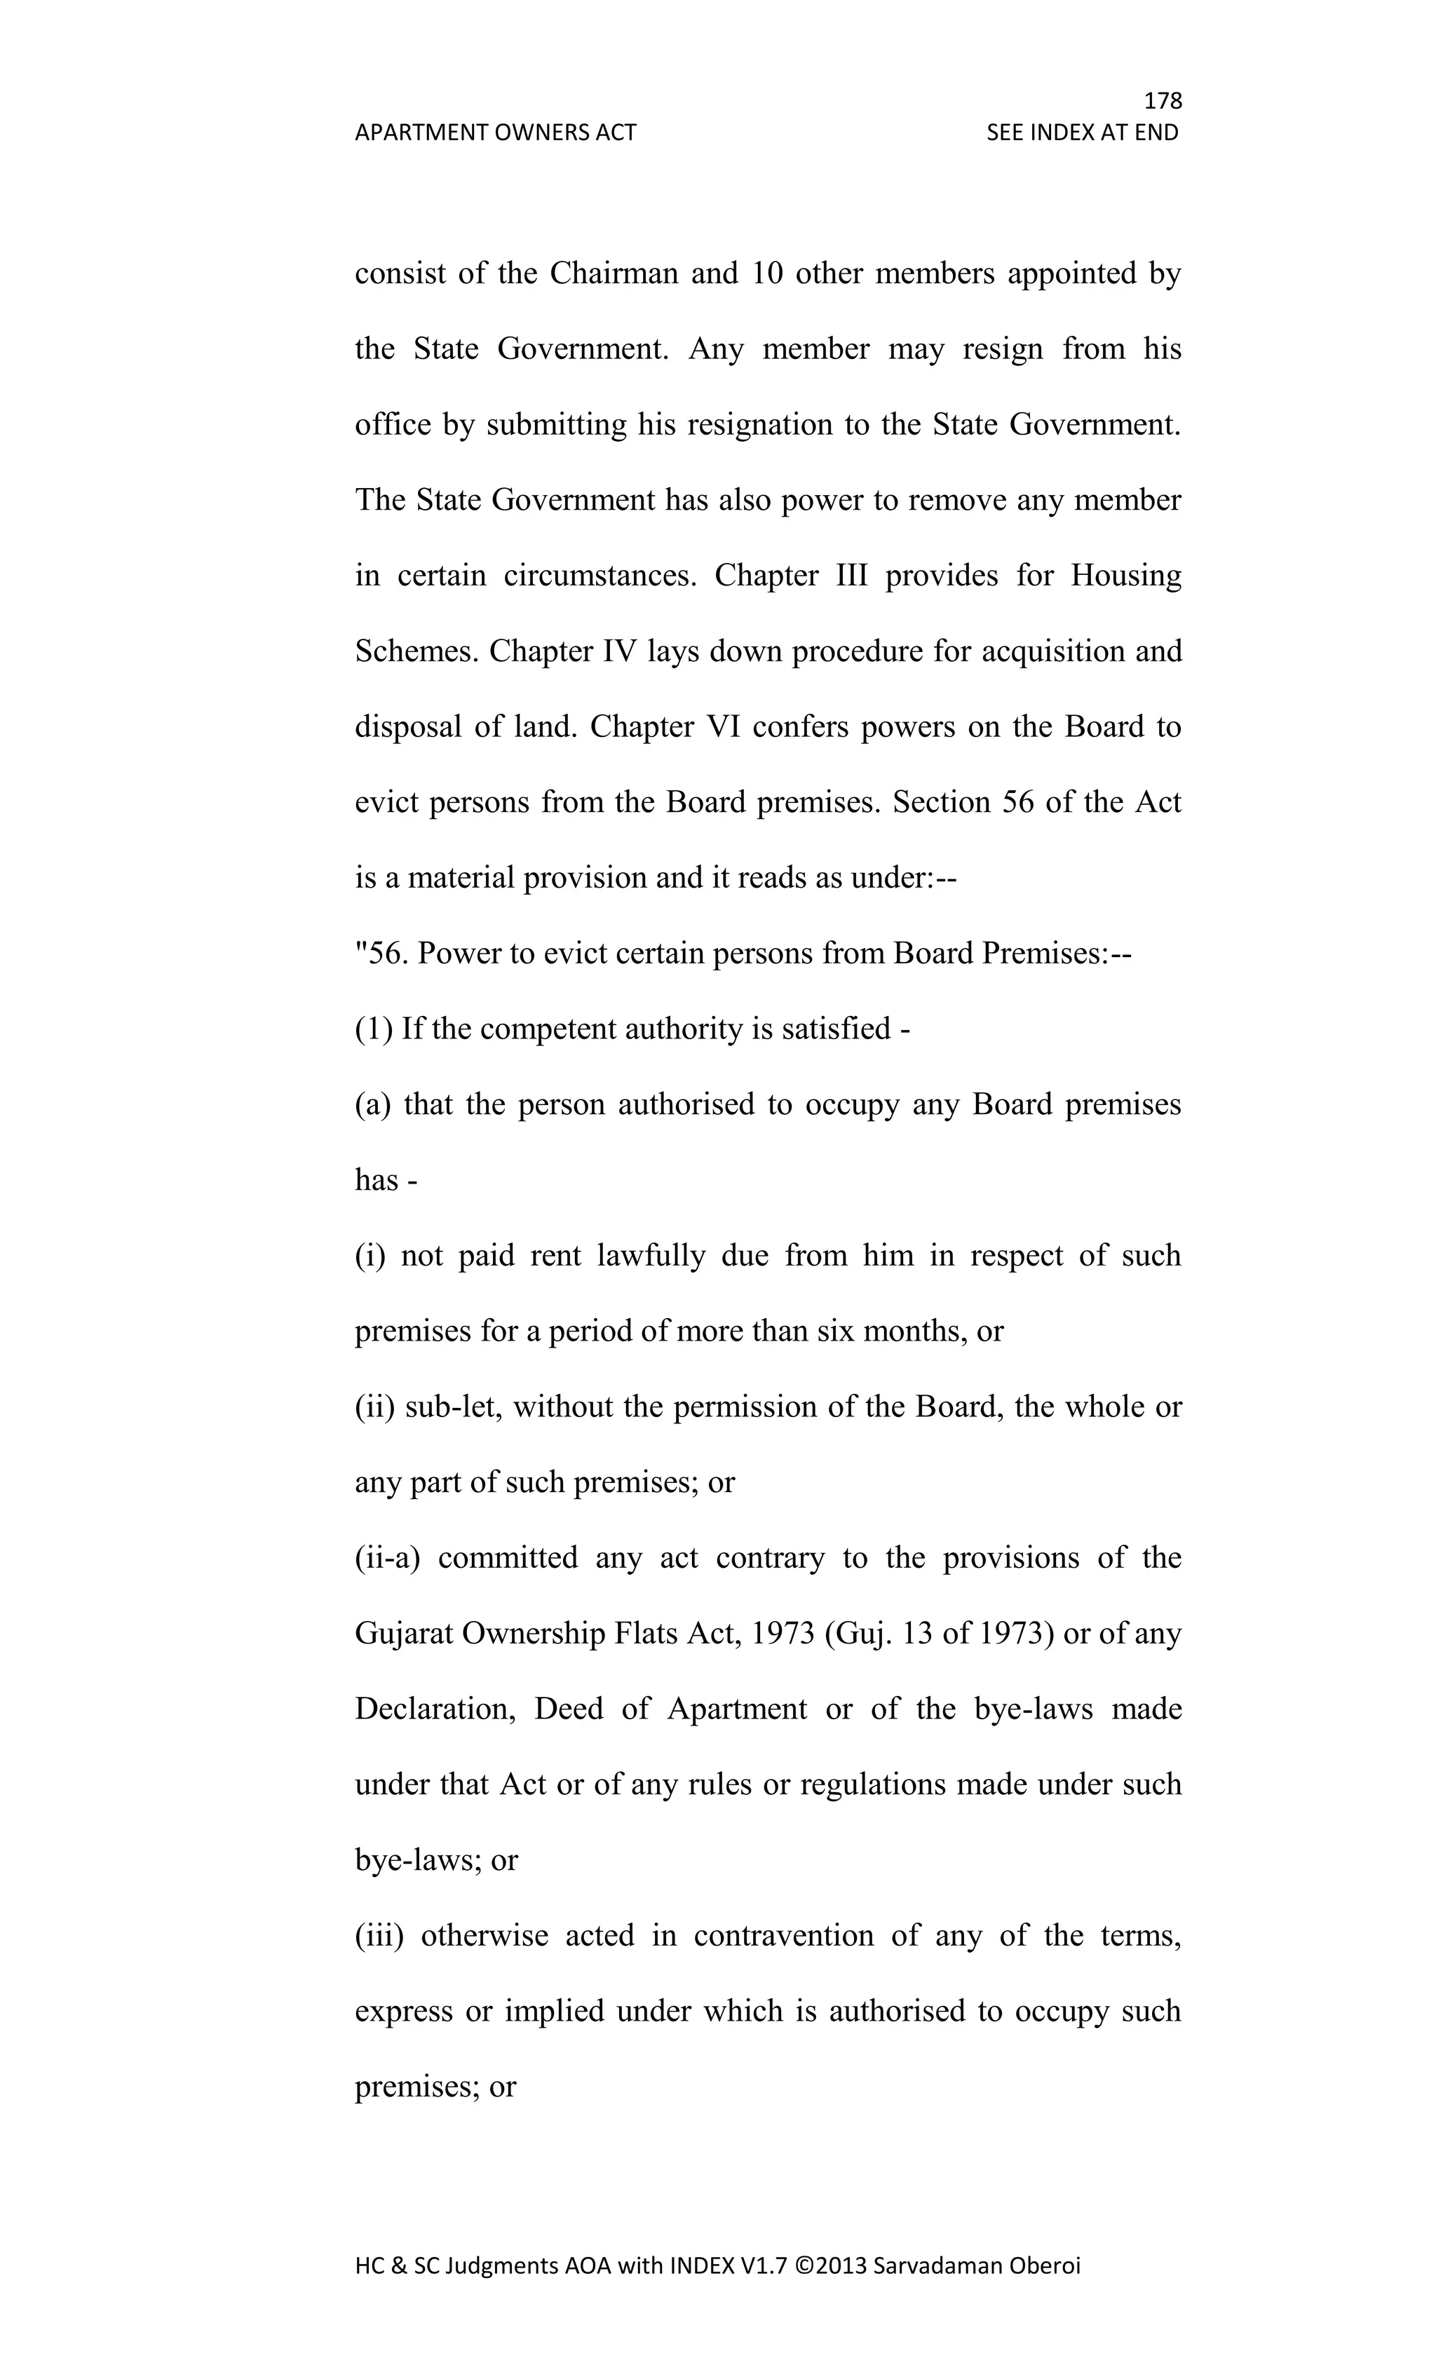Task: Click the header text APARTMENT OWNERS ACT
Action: pos(495,133)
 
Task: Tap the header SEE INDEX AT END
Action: pos(1082,133)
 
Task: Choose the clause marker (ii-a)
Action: pos(388,1557)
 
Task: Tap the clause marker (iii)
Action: pos(380,1935)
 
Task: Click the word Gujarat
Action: pos(403,1633)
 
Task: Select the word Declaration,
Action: pos(436,1709)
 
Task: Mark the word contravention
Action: pos(783,1935)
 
